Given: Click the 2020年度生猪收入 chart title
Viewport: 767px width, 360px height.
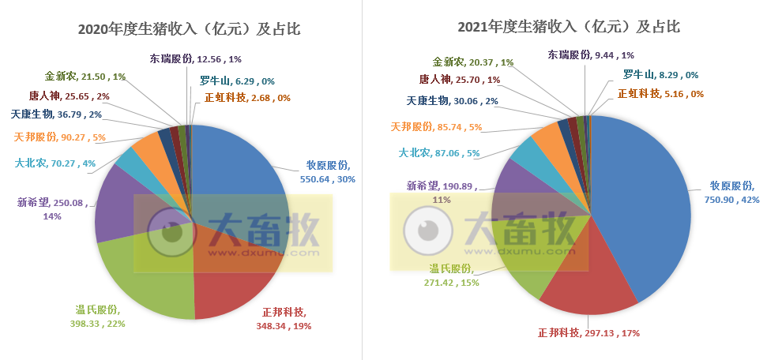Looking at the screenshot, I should (x=190, y=29).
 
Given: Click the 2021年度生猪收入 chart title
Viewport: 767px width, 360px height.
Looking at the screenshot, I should (x=569, y=26).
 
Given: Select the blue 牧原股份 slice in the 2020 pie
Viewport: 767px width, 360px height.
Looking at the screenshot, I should (x=237, y=166).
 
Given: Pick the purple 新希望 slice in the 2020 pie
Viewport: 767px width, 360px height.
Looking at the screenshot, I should (x=118, y=205).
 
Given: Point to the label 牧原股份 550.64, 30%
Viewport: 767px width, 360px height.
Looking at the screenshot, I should (x=331, y=172).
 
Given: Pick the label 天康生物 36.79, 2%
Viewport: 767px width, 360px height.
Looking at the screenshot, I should (x=56, y=114).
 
